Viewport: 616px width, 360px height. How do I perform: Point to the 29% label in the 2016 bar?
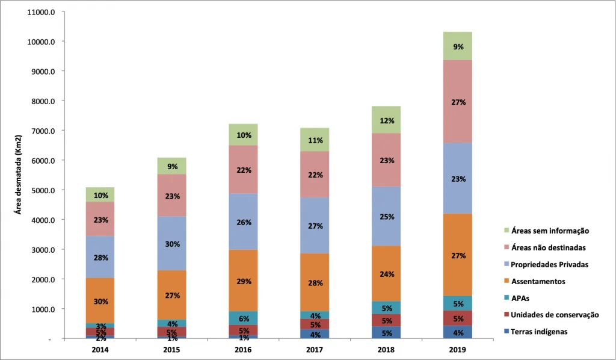coord(244,281)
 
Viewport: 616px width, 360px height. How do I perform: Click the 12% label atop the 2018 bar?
coord(387,120)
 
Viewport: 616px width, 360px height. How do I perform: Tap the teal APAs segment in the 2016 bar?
coord(244,318)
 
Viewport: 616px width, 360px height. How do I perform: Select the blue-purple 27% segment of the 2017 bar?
coord(315,226)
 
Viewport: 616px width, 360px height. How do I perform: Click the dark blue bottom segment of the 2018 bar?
coord(387,333)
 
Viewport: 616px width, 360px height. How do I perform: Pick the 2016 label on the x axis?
coord(244,349)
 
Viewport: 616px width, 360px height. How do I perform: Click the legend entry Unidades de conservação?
coord(555,314)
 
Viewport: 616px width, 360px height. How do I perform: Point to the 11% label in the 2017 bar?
coord(315,140)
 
